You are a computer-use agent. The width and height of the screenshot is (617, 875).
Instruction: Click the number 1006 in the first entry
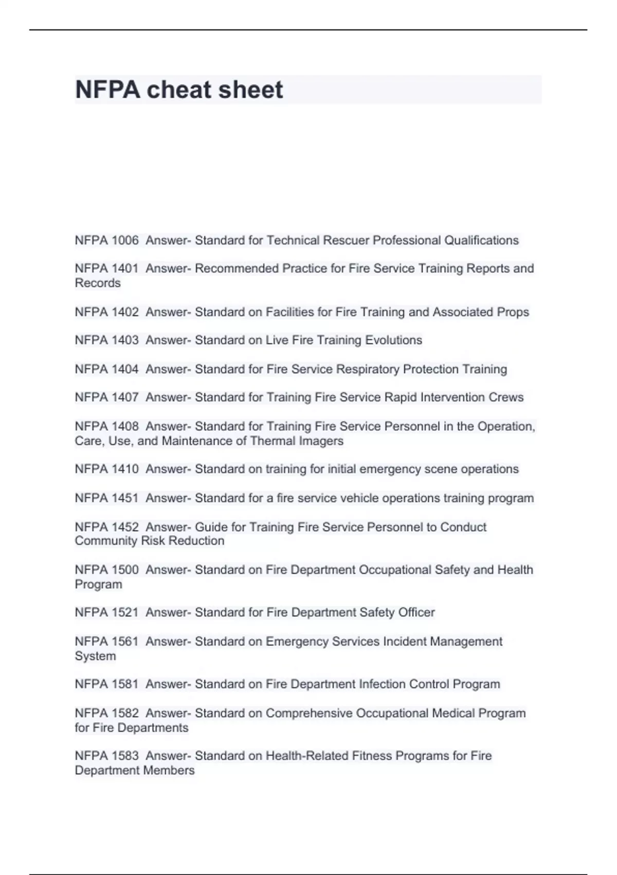[x=125, y=240]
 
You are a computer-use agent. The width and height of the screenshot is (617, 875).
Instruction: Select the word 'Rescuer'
[x=339, y=240]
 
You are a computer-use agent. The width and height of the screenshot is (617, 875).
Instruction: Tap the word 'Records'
[x=98, y=283]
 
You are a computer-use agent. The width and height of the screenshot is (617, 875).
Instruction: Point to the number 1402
[x=125, y=312]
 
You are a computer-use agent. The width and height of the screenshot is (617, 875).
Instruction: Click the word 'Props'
[x=513, y=312]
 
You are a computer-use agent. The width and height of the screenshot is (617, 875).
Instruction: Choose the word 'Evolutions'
[x=393, y=340]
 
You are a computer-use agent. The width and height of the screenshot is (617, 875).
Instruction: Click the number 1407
[x=125, y=397]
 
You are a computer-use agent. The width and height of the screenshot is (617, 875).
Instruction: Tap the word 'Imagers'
[x=322, y=441]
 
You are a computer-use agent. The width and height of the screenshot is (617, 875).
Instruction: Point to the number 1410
[x=125, y=469]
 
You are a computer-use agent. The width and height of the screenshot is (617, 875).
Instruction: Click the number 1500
[x=125, y=570]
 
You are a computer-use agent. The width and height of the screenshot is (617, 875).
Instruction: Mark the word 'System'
[x=95, y=656]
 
